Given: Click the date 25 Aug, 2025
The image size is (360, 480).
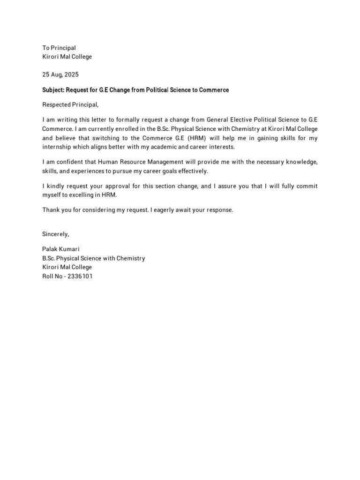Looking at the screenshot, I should (x=60, y=75).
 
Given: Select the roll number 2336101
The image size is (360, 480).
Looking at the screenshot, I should (x=80, y=276).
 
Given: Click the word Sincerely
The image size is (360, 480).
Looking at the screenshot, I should (x=55, y=234).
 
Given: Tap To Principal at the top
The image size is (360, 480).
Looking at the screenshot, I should (x=59, y=48).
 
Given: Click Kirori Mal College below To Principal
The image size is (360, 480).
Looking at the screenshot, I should (x=67, y=57).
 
